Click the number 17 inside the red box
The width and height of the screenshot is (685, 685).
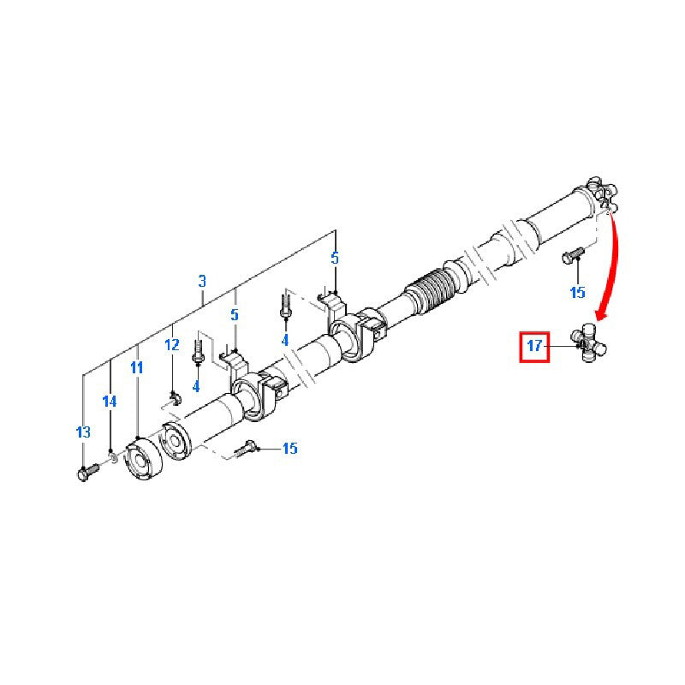pos(534,347)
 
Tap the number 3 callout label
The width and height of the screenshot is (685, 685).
pos(202,281)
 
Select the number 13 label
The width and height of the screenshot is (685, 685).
pos(83,432)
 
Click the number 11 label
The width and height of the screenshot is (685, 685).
pos(137,367)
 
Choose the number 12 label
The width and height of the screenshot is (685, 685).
pos(172,345)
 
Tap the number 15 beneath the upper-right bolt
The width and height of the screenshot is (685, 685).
pos(577,292)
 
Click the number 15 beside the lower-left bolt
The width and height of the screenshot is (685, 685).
pos(289,449)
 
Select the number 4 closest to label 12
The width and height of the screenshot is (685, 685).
pos(196,386)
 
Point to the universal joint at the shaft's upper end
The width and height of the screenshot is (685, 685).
pos(599,194)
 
